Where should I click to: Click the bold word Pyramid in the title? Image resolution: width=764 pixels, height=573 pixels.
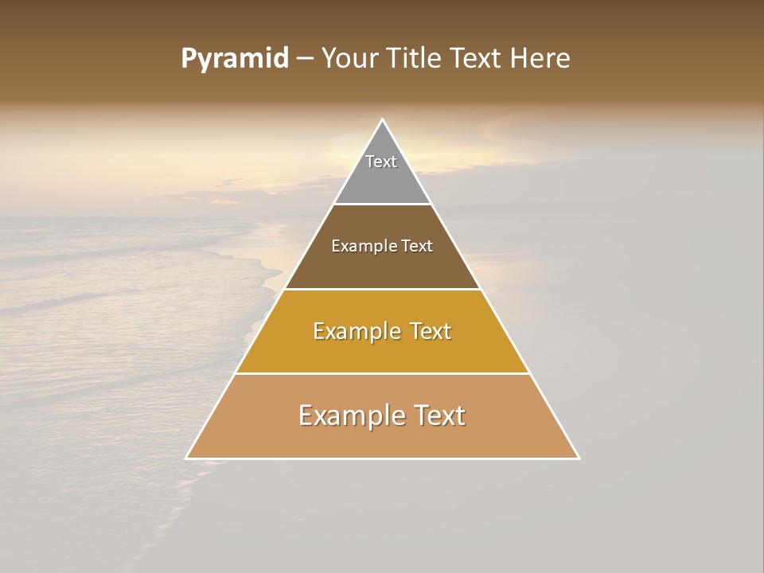(x=234, y=59)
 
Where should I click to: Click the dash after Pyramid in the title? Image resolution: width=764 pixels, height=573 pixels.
(x=305, y=59)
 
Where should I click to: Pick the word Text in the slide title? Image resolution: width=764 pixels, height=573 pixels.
(x=477, y=59)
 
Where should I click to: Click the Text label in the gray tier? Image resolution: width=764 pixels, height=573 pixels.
(x=381, y=162)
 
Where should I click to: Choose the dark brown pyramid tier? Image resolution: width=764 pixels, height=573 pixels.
(x=383, y=267)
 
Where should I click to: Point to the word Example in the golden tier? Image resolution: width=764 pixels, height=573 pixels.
(x=356, y=331)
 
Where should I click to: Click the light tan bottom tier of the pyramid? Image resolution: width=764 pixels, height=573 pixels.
(x=383, y=438)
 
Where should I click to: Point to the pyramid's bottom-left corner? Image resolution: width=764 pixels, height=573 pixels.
(x=187, y=458)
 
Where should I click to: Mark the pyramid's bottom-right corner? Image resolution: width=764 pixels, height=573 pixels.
(x=579, y=458)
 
